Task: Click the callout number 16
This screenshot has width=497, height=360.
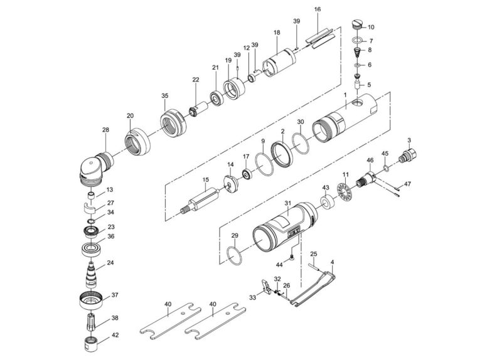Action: pos(318,9)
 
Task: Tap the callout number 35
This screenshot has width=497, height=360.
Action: pos(165,95)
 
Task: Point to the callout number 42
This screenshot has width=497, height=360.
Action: pos(114,335)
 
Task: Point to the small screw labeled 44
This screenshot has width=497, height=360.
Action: pos(293,257)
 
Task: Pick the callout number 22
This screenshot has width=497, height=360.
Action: pos(196,80)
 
